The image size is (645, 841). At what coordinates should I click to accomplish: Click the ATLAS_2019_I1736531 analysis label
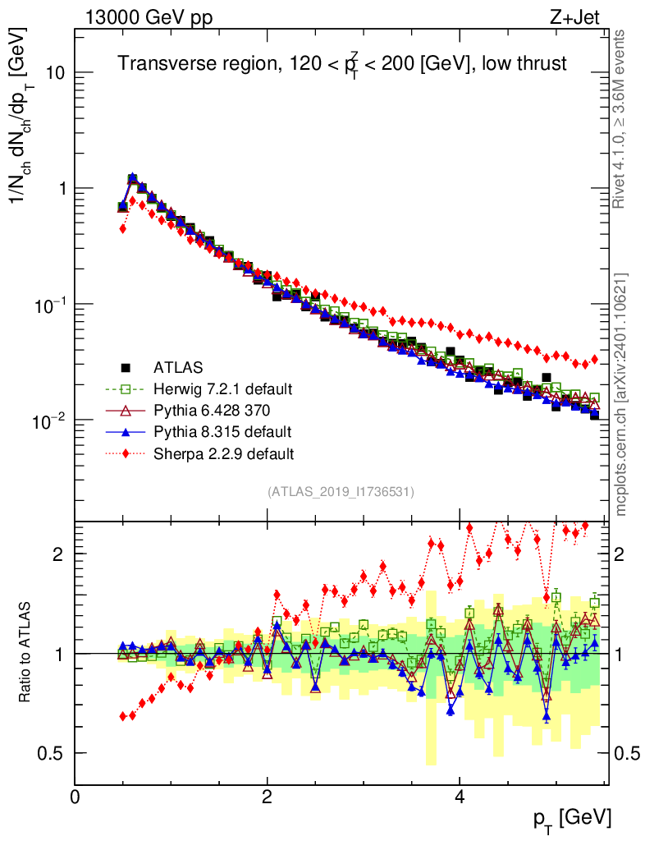[341, 492]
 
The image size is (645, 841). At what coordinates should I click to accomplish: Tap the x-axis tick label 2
[267, 797]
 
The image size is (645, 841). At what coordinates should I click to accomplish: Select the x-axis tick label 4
[460, 797]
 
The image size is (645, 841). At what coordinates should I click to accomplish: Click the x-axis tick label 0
[75, 797]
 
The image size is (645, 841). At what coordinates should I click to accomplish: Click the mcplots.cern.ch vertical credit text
[621, 394]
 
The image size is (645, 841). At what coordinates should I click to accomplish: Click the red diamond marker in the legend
[125, 453]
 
